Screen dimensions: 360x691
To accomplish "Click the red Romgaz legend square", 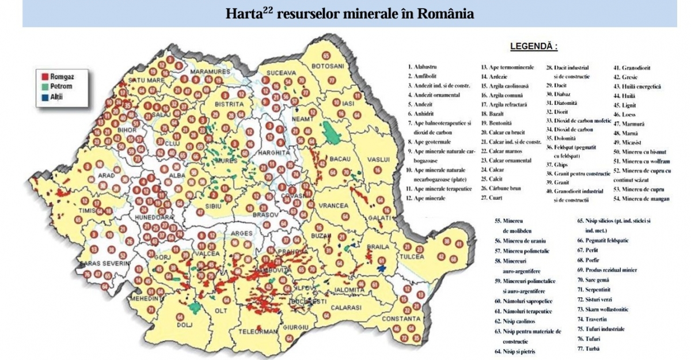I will pyautogui.click(x=44, y=75).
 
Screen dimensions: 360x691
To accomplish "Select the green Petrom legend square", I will pyautogui.click(x=44, y=85).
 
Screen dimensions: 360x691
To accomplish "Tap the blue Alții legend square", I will pyautogui.click(x=44, y=96).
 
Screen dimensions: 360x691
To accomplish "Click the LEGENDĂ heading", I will pyautogui.click(x=534, y=46).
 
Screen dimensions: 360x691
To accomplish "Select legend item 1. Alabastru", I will pyautogui.click(x=426, y=67).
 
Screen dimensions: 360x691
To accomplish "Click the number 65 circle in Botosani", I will pyautogui.click(x=326, y=56).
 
